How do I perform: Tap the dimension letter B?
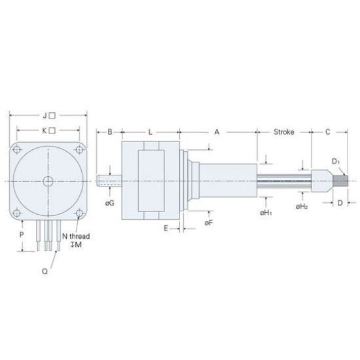click(110, 132)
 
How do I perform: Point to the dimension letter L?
click(150, 132)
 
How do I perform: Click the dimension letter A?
click(217, 132)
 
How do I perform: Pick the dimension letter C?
click(327, 132)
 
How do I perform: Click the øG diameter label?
click(109, 204)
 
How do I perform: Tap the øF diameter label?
click(207, 223)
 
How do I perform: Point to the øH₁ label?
click(265, 213)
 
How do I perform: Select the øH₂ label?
click(302, 207)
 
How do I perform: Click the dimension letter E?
click(167, 228)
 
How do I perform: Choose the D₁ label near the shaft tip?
click(335, 161)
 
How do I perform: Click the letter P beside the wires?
click(22, 234)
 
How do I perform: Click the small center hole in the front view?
click(48, 181)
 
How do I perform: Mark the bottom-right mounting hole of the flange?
click(78, 212)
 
